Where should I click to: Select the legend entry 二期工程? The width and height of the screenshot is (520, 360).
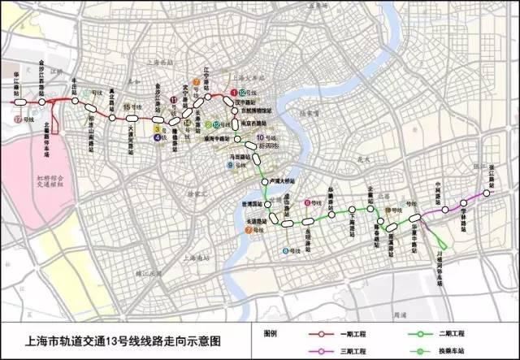tap(452, 334)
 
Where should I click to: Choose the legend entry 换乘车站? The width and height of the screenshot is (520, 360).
tap(452, 351)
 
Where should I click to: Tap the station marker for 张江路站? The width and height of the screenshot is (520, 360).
tap(489, 193)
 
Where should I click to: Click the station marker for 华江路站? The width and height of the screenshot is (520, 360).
tap(18, 102)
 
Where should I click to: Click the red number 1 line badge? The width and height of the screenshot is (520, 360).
tap(233, 93)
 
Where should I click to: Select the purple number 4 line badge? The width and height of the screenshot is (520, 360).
tap(156, 137)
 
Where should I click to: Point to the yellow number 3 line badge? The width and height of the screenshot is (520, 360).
tap(156, 128)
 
